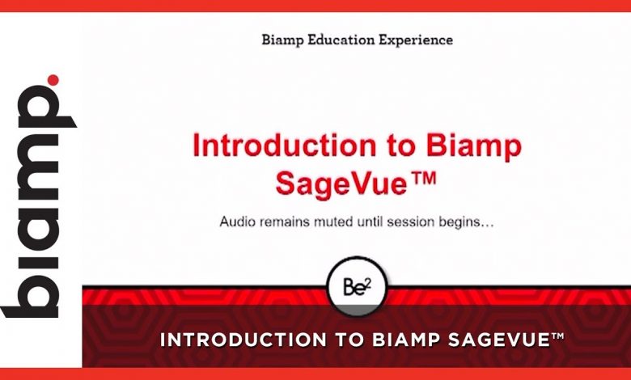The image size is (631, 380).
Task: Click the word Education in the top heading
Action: (x=341, y=40)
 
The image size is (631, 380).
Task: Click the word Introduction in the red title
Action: (x=285, y=146)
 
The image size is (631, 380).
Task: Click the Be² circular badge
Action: (x=358, y=287)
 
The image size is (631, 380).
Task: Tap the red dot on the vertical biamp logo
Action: (x=53, y=80)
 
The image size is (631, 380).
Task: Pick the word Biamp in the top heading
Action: (x=282, y=40)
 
